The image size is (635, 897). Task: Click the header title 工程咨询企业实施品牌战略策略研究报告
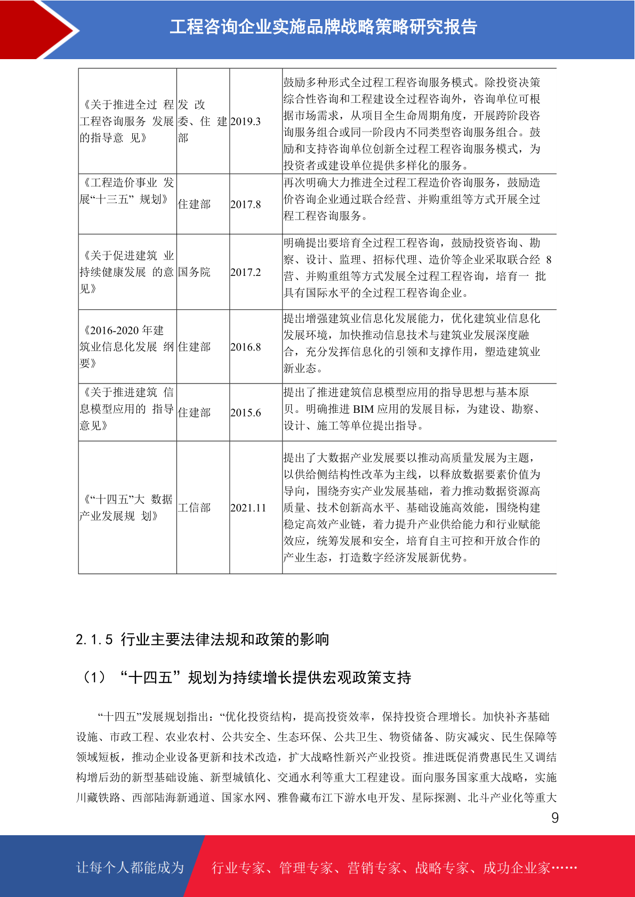323,27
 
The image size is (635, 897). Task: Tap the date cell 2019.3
245,121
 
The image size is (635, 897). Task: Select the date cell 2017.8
245,205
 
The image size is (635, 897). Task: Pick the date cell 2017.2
245,272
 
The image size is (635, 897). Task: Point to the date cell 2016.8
245,347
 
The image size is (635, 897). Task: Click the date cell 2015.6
245,413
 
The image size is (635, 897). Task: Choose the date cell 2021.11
248,508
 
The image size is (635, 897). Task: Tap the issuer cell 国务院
194,272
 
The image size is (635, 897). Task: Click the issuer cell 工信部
194,508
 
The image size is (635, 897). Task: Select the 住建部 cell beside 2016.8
194,347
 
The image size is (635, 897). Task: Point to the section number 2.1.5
94,640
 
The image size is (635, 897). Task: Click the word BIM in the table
363,409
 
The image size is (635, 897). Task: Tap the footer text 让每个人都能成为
130,868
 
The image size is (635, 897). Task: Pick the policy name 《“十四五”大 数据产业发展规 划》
126,508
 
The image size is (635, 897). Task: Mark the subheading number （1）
94,678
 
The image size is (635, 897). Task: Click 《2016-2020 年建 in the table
123,331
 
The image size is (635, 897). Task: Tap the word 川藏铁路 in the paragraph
98,798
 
